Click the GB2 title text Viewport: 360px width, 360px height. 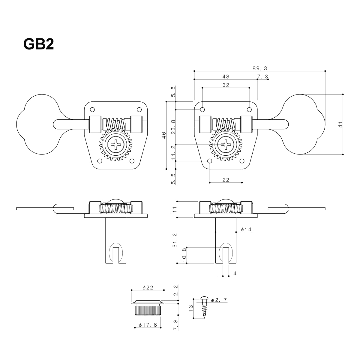point(38,44)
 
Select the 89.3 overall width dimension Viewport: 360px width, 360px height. point(259,68)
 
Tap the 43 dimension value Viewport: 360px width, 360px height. point(226,77)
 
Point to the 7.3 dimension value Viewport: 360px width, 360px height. point(262,77)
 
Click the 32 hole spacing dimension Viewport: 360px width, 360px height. point(226,85)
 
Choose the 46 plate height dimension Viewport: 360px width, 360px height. point(164,135)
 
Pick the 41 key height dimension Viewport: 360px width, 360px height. point(340,124)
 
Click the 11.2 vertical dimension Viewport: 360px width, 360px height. point(173,153)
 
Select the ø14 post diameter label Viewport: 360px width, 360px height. point(246,229)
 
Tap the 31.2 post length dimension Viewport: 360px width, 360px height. point(174,240)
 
